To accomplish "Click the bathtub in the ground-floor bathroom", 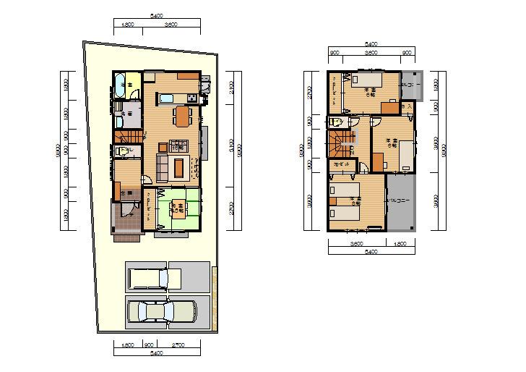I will tap(121, 85).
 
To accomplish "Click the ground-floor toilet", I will tap(122, 151).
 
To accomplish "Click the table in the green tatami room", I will tap(176, 210).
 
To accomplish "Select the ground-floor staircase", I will tap(127, 136).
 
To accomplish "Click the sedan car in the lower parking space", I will tap(161, 312).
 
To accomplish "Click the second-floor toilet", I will tap(335, 122).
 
